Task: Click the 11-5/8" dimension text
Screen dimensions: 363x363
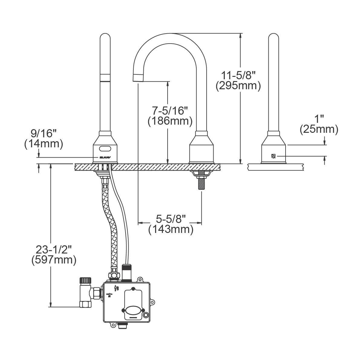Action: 238,75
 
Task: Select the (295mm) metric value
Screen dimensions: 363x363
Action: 238,86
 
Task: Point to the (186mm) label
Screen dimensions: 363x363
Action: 170,121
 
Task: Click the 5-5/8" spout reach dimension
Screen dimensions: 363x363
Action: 171,218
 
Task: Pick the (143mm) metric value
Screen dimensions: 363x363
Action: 171,229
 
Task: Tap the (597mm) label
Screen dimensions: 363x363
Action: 54,260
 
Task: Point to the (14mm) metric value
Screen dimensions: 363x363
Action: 44,144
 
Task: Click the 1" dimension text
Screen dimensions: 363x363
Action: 319,118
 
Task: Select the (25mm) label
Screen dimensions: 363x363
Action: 319,129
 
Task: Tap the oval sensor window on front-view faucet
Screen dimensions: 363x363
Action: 104,149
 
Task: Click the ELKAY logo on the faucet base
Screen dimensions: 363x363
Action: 103,157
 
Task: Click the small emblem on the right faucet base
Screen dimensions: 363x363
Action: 273,156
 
